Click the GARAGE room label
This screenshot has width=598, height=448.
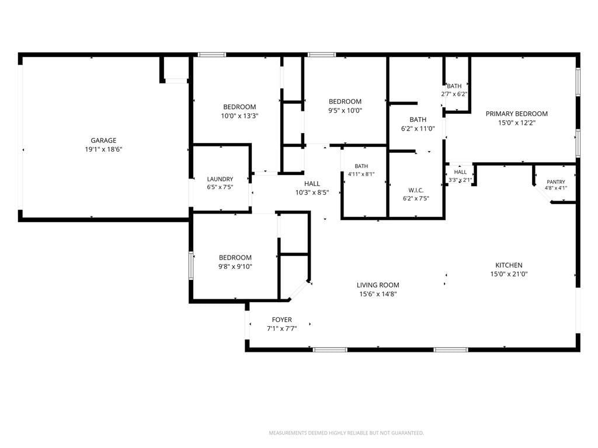103,141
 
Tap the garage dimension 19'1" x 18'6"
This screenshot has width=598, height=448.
103,149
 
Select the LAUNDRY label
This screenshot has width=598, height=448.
220,179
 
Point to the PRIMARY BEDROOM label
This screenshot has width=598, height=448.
516,114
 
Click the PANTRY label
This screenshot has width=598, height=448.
556,182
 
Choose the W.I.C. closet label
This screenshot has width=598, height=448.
416,190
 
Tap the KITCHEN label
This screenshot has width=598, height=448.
509,265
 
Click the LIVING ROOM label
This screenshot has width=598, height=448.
378,285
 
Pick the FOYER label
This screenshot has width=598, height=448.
282,320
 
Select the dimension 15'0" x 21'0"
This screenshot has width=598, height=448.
509,274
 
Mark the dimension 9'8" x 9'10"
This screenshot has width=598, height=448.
235,267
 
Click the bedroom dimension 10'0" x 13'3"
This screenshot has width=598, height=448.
239,116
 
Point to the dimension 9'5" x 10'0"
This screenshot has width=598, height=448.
345,110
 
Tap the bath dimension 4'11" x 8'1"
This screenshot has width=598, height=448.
361,174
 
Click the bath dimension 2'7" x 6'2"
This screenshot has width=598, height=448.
454,94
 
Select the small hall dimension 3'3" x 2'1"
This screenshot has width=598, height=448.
460,180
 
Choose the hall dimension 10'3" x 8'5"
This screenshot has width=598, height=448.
312,192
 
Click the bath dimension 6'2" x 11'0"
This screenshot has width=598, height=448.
418,129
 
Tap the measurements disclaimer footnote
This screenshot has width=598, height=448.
346,433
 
